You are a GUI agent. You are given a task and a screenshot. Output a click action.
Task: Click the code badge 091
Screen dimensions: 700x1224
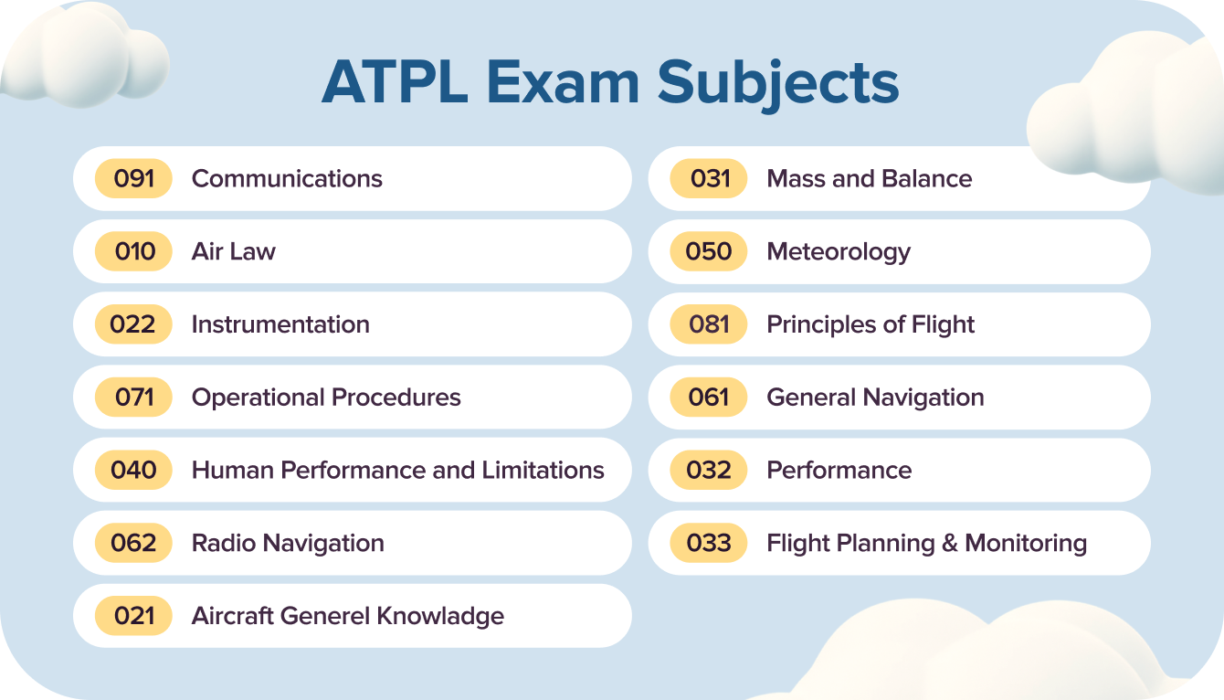click(x=133, y=178)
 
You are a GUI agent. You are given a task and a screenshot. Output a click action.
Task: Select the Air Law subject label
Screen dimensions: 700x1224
click(x=233, y=251)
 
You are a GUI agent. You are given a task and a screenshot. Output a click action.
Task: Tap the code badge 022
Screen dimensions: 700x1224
click(x=133, y=324)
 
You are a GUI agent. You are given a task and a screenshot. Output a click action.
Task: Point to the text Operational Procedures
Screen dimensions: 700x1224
click(x=326, y=398)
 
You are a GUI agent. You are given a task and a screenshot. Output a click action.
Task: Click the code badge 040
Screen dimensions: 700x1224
click(x=133, y=471)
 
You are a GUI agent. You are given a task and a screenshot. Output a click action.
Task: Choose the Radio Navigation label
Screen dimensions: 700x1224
click(x=288, y=543)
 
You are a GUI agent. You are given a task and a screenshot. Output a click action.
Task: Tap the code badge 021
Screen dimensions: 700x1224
click(x=133, y=616)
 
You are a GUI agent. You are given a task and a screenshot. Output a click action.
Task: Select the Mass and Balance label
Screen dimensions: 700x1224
click(x=869, y=178)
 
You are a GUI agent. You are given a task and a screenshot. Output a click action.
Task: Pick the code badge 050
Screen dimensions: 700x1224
click(x=709, y=251)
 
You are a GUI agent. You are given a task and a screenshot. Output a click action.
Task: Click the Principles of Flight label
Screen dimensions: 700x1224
click(x=871, y=324)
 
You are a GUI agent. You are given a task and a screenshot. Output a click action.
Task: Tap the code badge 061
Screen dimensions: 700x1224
click(x=709, y=398)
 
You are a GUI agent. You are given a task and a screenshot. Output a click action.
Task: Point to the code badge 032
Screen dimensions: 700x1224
click(x=709, y=471)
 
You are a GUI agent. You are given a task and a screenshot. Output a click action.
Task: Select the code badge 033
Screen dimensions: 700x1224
click(x=709, y=543)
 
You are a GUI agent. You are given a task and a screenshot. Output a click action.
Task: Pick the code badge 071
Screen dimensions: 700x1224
click(x=133, y=398)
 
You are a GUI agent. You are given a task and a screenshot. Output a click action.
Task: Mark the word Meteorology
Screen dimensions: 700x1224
click(x=839, y=251)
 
